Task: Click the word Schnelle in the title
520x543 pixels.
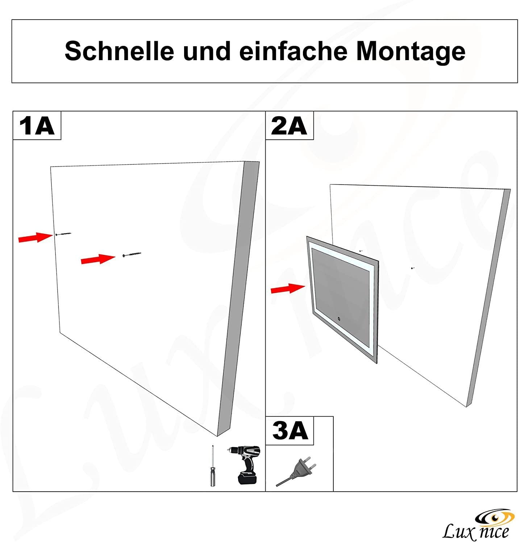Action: pyautogui.click(x=119, y=51)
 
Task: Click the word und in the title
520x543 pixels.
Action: pyautogui.click(x=207, y=51)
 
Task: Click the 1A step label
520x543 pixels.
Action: pyautogui.click(x=37, y=126)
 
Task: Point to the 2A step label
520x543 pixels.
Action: pyautogui.click(x=289, y=126)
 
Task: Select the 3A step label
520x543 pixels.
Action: pyautogui.click(x=290, y=431)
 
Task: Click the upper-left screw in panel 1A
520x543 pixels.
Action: pyautogui.click(x=63, y=234)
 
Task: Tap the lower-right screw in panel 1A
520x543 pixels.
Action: pyautogui.click(x=132, y=254)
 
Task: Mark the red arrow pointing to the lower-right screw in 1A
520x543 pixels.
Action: pyautogui.click(x=97, y=259)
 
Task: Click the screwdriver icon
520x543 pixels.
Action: pyautogui.click(x=213, y=467)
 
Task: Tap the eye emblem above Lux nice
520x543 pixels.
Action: pyautogui.click(x=494, y=516)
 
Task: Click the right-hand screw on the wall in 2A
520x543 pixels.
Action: pyautogui.click(x=412, y=268)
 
